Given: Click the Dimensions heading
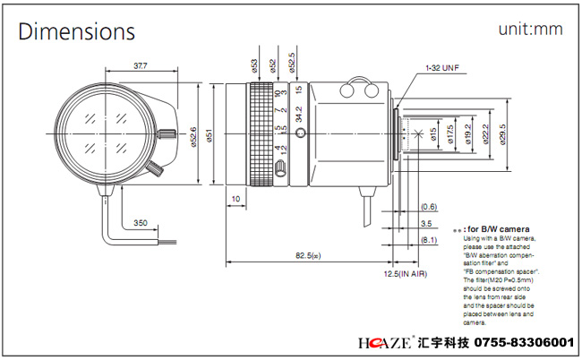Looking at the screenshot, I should pos(77,31).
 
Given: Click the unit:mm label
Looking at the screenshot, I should pos(531,30).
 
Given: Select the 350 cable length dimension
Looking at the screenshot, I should pos(141,221).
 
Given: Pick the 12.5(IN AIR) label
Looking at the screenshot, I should pos(406,272).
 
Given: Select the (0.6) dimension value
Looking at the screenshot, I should pos(429,207).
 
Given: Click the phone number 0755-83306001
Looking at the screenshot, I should pos(518,344).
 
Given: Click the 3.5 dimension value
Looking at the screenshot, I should pos(427,223).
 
